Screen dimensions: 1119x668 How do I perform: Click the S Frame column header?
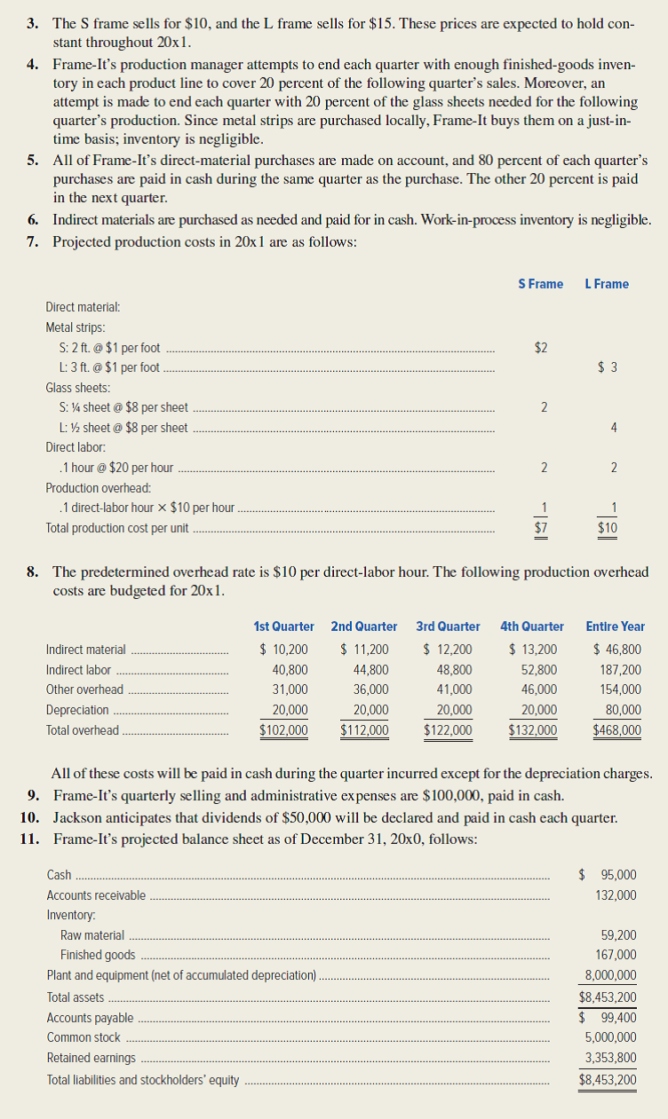540,284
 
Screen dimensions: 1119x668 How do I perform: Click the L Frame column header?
607,284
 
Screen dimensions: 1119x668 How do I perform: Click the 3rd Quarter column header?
448,626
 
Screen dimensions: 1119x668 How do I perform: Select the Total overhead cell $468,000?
616,730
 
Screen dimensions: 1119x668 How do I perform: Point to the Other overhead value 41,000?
455,690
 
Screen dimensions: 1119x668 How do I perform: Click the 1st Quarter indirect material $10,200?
284,650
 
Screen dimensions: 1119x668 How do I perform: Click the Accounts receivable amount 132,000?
616,895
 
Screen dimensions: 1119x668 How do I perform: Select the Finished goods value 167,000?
616,955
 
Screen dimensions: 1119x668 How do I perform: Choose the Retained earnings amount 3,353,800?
610,1058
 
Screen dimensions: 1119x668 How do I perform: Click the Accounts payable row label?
90,1018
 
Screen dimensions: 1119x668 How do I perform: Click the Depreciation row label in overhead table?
77,710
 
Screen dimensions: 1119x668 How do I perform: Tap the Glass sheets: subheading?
78,388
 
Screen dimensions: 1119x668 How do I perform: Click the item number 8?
33,572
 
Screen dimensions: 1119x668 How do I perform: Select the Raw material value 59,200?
618,935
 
